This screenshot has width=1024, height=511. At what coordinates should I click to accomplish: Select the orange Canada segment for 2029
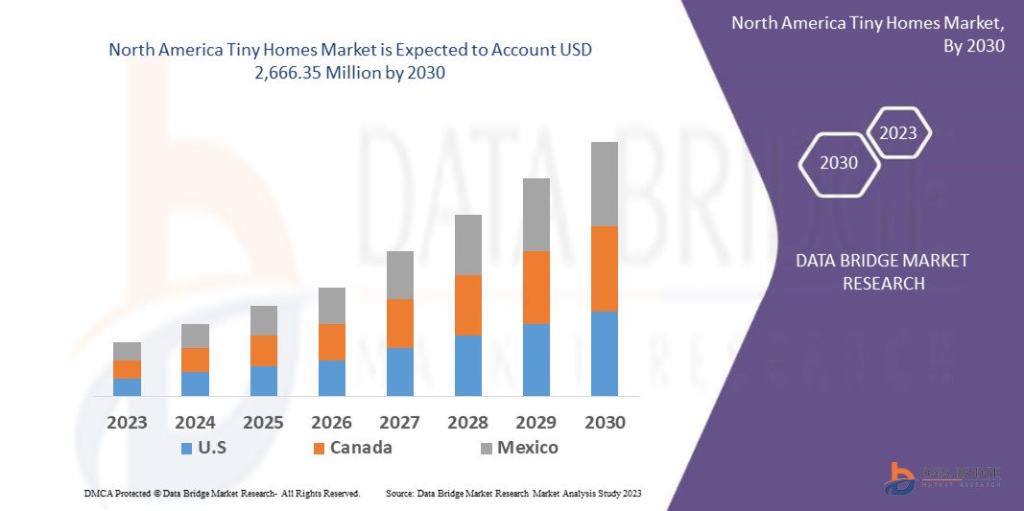[536, 288]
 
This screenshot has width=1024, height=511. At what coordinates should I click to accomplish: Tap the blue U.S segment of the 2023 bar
[127, 386]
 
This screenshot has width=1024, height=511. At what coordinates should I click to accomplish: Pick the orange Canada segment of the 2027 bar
[399, 323]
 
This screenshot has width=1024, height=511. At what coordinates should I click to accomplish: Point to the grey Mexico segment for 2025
[263, 320]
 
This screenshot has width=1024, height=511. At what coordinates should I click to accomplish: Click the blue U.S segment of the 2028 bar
[467, 365]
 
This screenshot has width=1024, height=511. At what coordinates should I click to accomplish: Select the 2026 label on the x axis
[331, 422]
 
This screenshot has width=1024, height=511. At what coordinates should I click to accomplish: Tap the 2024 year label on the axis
[195, 422]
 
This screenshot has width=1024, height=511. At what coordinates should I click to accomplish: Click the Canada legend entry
[350, 448]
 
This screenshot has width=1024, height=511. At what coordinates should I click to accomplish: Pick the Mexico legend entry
[517, 448]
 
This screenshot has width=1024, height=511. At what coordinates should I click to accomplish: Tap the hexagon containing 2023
[898, 133]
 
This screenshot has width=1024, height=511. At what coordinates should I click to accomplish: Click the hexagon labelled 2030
[839, 163]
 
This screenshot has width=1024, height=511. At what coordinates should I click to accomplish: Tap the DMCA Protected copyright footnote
[222, 493]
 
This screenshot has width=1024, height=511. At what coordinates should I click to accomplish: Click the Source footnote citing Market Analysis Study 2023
[512, 493]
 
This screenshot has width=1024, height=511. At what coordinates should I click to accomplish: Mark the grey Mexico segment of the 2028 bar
[467, 244]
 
